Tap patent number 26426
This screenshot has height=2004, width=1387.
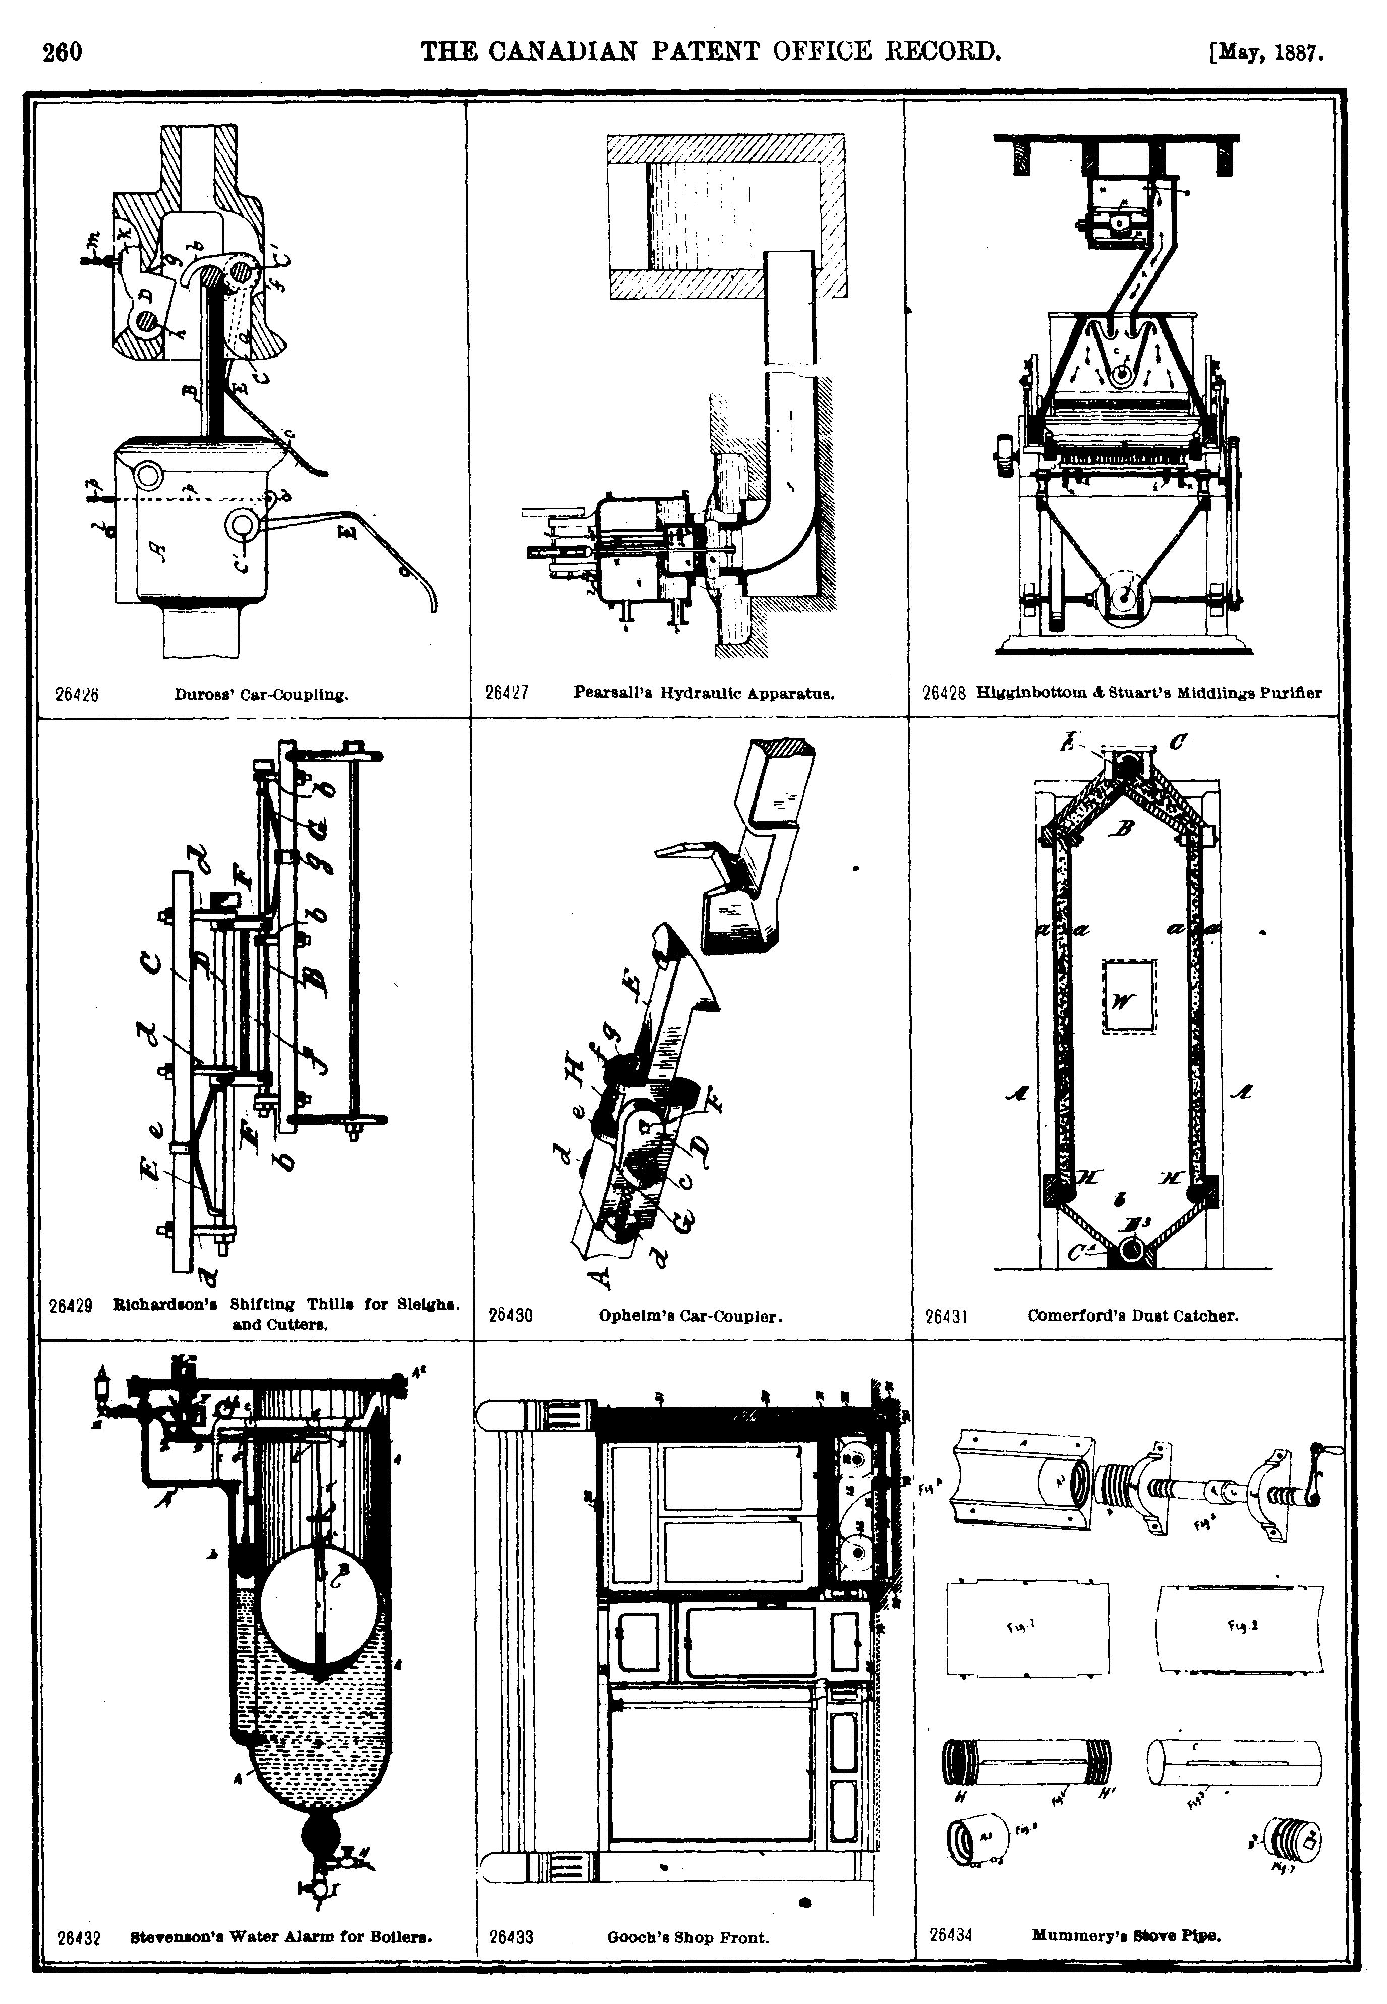(x=77, y=695)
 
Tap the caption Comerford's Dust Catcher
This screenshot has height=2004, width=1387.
(x=1132, y=1315)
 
